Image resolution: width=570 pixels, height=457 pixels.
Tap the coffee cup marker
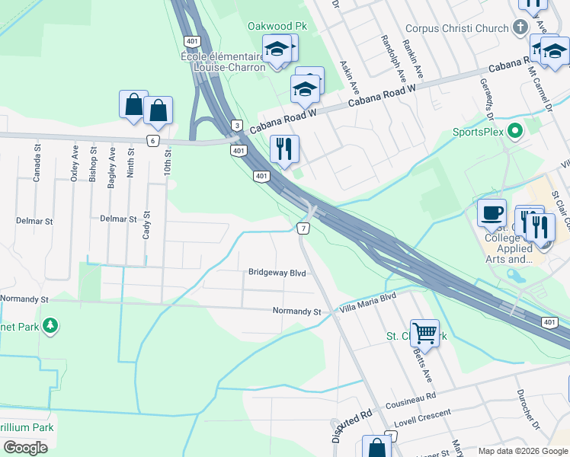pos(492,212)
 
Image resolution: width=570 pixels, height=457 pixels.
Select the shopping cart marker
pos(424,332)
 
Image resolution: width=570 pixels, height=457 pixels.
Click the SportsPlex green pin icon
pos(514,131)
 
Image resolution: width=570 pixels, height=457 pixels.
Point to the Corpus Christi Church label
pos(456,29)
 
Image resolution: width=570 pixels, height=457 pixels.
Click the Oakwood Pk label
pos(277,26)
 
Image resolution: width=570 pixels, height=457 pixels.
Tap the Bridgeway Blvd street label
pos(277,272)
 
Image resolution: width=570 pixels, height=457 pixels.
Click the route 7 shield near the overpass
pos(303,228)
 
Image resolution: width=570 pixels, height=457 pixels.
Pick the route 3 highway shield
pos(237,125)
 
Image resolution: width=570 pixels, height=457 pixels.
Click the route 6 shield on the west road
pos(153,140)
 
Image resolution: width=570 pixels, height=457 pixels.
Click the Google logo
pos(26,448)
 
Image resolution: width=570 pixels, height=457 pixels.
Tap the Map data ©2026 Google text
pos(523,451)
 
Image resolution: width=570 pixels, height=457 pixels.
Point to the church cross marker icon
pos(520,27)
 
